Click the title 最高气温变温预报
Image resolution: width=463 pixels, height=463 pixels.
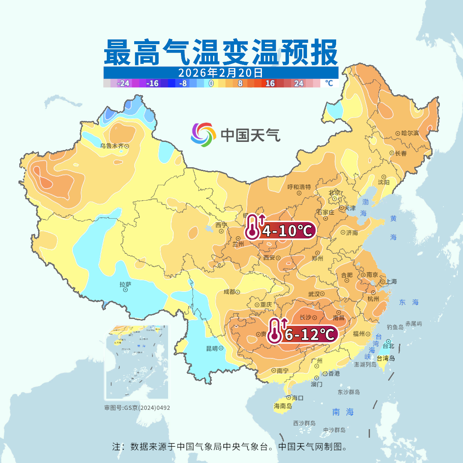(220, 52)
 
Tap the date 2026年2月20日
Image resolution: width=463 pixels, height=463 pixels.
(220, 72)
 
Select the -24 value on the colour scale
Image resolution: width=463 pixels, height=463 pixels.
(123, 83)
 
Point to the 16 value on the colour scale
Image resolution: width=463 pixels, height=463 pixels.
(270, 83)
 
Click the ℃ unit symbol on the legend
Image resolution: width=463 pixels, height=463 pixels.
(328, 83)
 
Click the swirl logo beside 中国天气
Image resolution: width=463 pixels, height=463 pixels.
(203, 135)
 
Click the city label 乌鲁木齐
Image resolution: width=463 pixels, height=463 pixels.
(111, 146)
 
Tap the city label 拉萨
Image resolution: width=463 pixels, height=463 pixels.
(125, 284)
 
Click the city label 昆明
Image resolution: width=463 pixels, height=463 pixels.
(212, 348)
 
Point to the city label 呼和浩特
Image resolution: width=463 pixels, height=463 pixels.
(299, 187)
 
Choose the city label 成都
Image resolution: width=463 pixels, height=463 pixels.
(229, 292)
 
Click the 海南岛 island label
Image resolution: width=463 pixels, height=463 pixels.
(283, 406)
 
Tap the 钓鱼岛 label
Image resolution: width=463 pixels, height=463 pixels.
(395, 327)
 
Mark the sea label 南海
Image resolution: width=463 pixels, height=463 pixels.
(343, 412)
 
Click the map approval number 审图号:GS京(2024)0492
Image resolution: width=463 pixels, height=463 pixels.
(137, 408)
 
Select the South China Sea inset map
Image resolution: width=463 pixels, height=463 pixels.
(137, 362)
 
